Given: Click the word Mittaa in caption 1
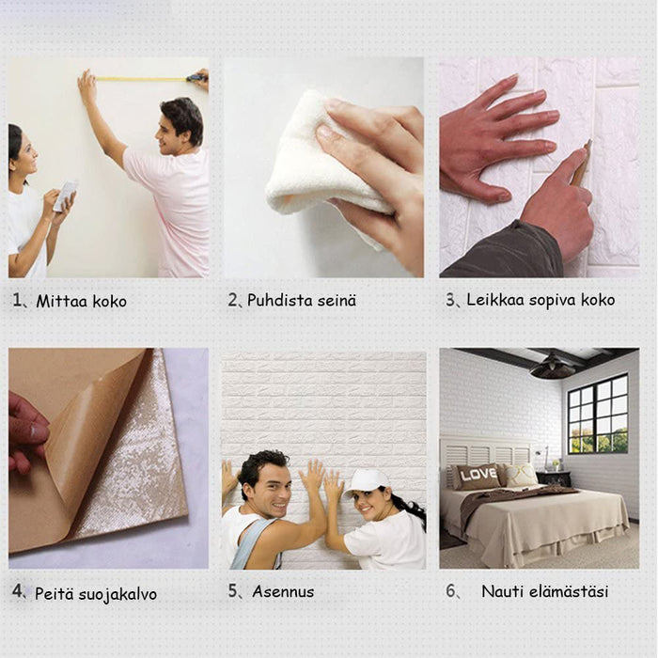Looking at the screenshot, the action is click(61, 302).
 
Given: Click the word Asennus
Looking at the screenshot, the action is click(283, 591).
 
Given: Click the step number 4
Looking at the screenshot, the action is click(17, 591).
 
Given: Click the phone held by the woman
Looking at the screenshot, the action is click(66, 196).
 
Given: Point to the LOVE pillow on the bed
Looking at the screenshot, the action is click(478, 477).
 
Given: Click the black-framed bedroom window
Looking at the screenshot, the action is click(598, 415).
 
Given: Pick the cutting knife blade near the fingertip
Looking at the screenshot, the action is click(584, 162).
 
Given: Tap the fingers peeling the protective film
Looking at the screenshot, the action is click(26, 432).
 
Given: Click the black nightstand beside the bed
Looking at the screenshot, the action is click(554, 478).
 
